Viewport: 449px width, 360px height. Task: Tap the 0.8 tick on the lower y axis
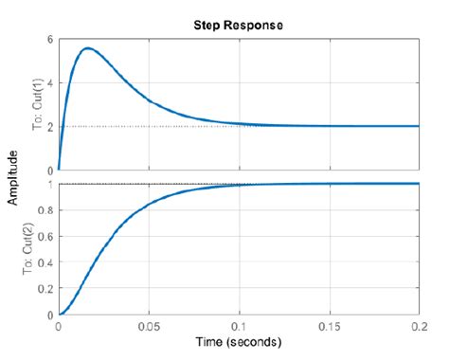point(48,209)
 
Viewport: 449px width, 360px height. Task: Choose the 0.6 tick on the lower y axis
point(48,236)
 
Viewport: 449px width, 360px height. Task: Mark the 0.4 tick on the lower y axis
point(48,262)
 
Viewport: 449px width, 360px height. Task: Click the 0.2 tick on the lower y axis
point(48,289)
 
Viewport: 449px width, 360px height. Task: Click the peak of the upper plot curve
point(87,48)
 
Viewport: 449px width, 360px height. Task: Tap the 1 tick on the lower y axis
point(52,183)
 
